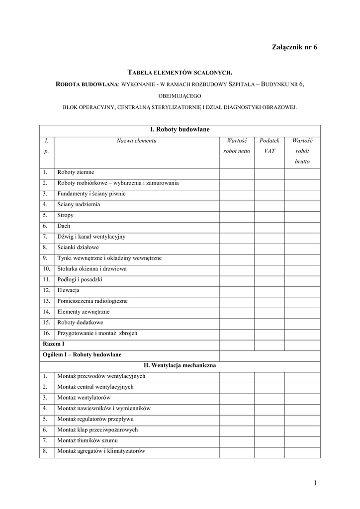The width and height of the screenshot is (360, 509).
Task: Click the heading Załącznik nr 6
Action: pyautogui.click(x=294, y=47)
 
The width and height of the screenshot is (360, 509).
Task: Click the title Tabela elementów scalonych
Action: pyautogui.click(x=180, y=73)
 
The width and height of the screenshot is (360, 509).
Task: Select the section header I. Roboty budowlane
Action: pyautogui.click(x=180, y=129)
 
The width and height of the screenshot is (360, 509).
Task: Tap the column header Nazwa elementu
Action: pyautogui.click(x=137, y=141)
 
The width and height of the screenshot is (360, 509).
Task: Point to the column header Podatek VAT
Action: pyautogui.click(x=270, y=146)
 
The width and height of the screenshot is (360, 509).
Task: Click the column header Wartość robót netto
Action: pyautogui.click(x=237, y=146)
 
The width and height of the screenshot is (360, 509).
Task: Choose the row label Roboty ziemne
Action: pyautogui.click(x=76, y=172)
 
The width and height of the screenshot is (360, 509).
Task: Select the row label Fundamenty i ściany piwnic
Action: pyautogui.click(x=91, y=193)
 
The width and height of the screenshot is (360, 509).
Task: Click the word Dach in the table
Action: pyautogui.click(x=64, y=226)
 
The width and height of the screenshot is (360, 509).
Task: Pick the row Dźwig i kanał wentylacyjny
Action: pyautogui.click(x=91, y=237)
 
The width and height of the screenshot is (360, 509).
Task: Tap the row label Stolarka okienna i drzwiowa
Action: pyautogui.click(x=92, y=269)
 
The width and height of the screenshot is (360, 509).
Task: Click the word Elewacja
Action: pyautogui.click(x=69, y=290)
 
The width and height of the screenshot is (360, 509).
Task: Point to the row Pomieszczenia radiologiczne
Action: pyautogui.click(x=92, y=301)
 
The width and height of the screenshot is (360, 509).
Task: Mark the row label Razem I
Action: pyautogui.click(x=53, y=344)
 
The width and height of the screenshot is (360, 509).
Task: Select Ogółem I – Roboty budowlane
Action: pyautogui.click(x=82, y=355)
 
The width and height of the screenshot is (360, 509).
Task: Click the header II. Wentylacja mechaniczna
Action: pyautogui.click(x=180, y=365)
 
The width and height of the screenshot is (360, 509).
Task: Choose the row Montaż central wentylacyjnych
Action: pyautogui.click(x=95, y=387)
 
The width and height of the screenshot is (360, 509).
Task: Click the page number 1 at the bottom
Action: pyautogui.click(x=315, y=483)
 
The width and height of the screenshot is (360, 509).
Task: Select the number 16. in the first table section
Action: pyautogui.click(x=46, y=333)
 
